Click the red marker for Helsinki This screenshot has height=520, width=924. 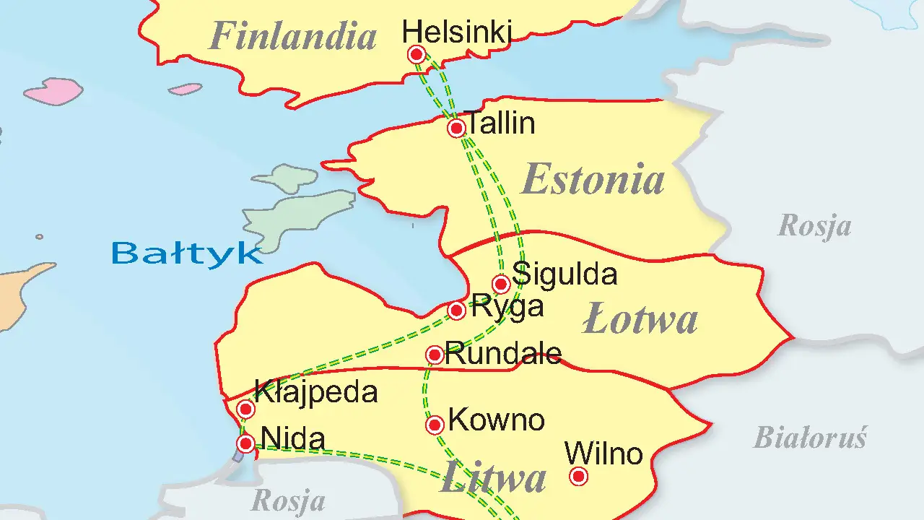click(x=417, y=54)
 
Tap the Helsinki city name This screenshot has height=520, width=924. click(x=456, y=32)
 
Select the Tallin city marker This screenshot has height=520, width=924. click(x=456, y=129)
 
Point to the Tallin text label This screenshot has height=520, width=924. click(x=501, y=123)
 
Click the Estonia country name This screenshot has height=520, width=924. click(x=593, y=180)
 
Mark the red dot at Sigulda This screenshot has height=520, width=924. click(x=501, y=283)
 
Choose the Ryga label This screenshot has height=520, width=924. click(x=507, y=306)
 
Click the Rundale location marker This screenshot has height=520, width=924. click(x=435, y=355)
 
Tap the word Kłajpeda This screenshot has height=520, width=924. click(x=316, y=392)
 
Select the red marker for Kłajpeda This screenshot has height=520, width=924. click(x=245, y=409)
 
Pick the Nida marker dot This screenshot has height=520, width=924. click(x=245, y=443)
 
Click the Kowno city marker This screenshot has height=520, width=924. click(x=435, y=425)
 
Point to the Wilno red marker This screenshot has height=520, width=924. click(x=578, y=476)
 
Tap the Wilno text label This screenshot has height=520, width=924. click(x=603, y=454)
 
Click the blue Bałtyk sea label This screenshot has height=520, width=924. click(x=186, y=253)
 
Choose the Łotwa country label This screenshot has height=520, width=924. click(x=640, y=320)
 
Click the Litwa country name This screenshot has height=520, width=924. click(x=493, y=478)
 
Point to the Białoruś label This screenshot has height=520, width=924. click(x=810, y=438)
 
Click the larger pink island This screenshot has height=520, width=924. click(x=53, y=92)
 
